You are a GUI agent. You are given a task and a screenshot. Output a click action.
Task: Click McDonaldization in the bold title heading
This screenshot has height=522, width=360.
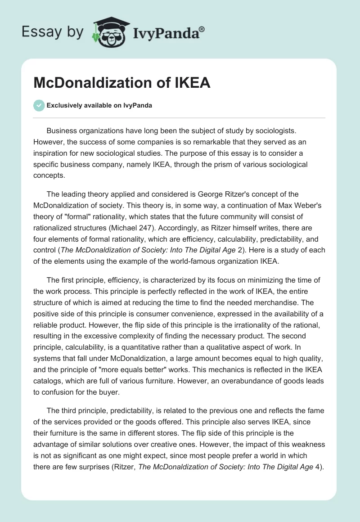(x=92, y=83)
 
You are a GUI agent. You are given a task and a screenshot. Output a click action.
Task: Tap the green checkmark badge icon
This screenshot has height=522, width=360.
(x=39, y=106)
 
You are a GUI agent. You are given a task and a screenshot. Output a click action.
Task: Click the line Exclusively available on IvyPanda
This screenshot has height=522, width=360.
(x=99, y=106)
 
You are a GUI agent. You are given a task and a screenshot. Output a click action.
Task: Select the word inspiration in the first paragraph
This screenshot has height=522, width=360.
(x=53, y=153)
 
